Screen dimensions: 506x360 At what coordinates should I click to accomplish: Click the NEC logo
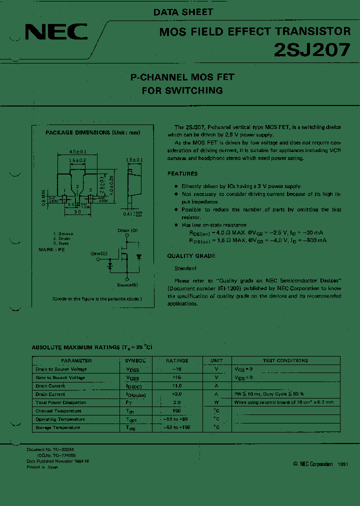click(x=56, y=33)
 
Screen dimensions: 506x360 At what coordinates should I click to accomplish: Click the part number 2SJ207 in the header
click(x=312, y=50)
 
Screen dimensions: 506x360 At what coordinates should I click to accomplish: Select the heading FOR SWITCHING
click(x=182, y=90)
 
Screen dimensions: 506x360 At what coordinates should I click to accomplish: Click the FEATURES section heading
click(x=182, y=173)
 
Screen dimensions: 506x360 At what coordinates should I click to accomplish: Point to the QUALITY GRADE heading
click(x=191, y=255)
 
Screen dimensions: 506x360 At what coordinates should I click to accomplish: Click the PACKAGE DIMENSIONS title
click(x=92, y=132)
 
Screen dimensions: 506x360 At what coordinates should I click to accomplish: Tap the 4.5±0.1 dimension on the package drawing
click(x=78, y=151)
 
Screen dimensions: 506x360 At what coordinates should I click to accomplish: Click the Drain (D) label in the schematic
click(x=127, y=230)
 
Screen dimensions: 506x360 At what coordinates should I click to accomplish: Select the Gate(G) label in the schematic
click(x=99, y=253)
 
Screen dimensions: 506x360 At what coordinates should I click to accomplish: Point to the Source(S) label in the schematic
click(x=128, y=284)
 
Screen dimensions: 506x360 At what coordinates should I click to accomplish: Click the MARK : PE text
click(x=52, y=248)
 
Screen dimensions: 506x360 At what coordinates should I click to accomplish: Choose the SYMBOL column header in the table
click(x=135, y=360)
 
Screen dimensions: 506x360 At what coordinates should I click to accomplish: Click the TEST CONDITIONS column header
click(x=285, y=360)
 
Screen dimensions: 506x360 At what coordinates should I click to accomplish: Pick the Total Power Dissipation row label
click(x=61, y=402)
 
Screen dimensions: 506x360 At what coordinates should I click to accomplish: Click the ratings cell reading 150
click(x=177, y=411)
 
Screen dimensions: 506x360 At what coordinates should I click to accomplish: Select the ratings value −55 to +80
click(x=177, y=419)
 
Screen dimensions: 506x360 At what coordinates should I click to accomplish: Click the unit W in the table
click(x=216, y=402)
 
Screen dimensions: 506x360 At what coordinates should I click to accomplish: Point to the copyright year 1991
click(x=343, y=464)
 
